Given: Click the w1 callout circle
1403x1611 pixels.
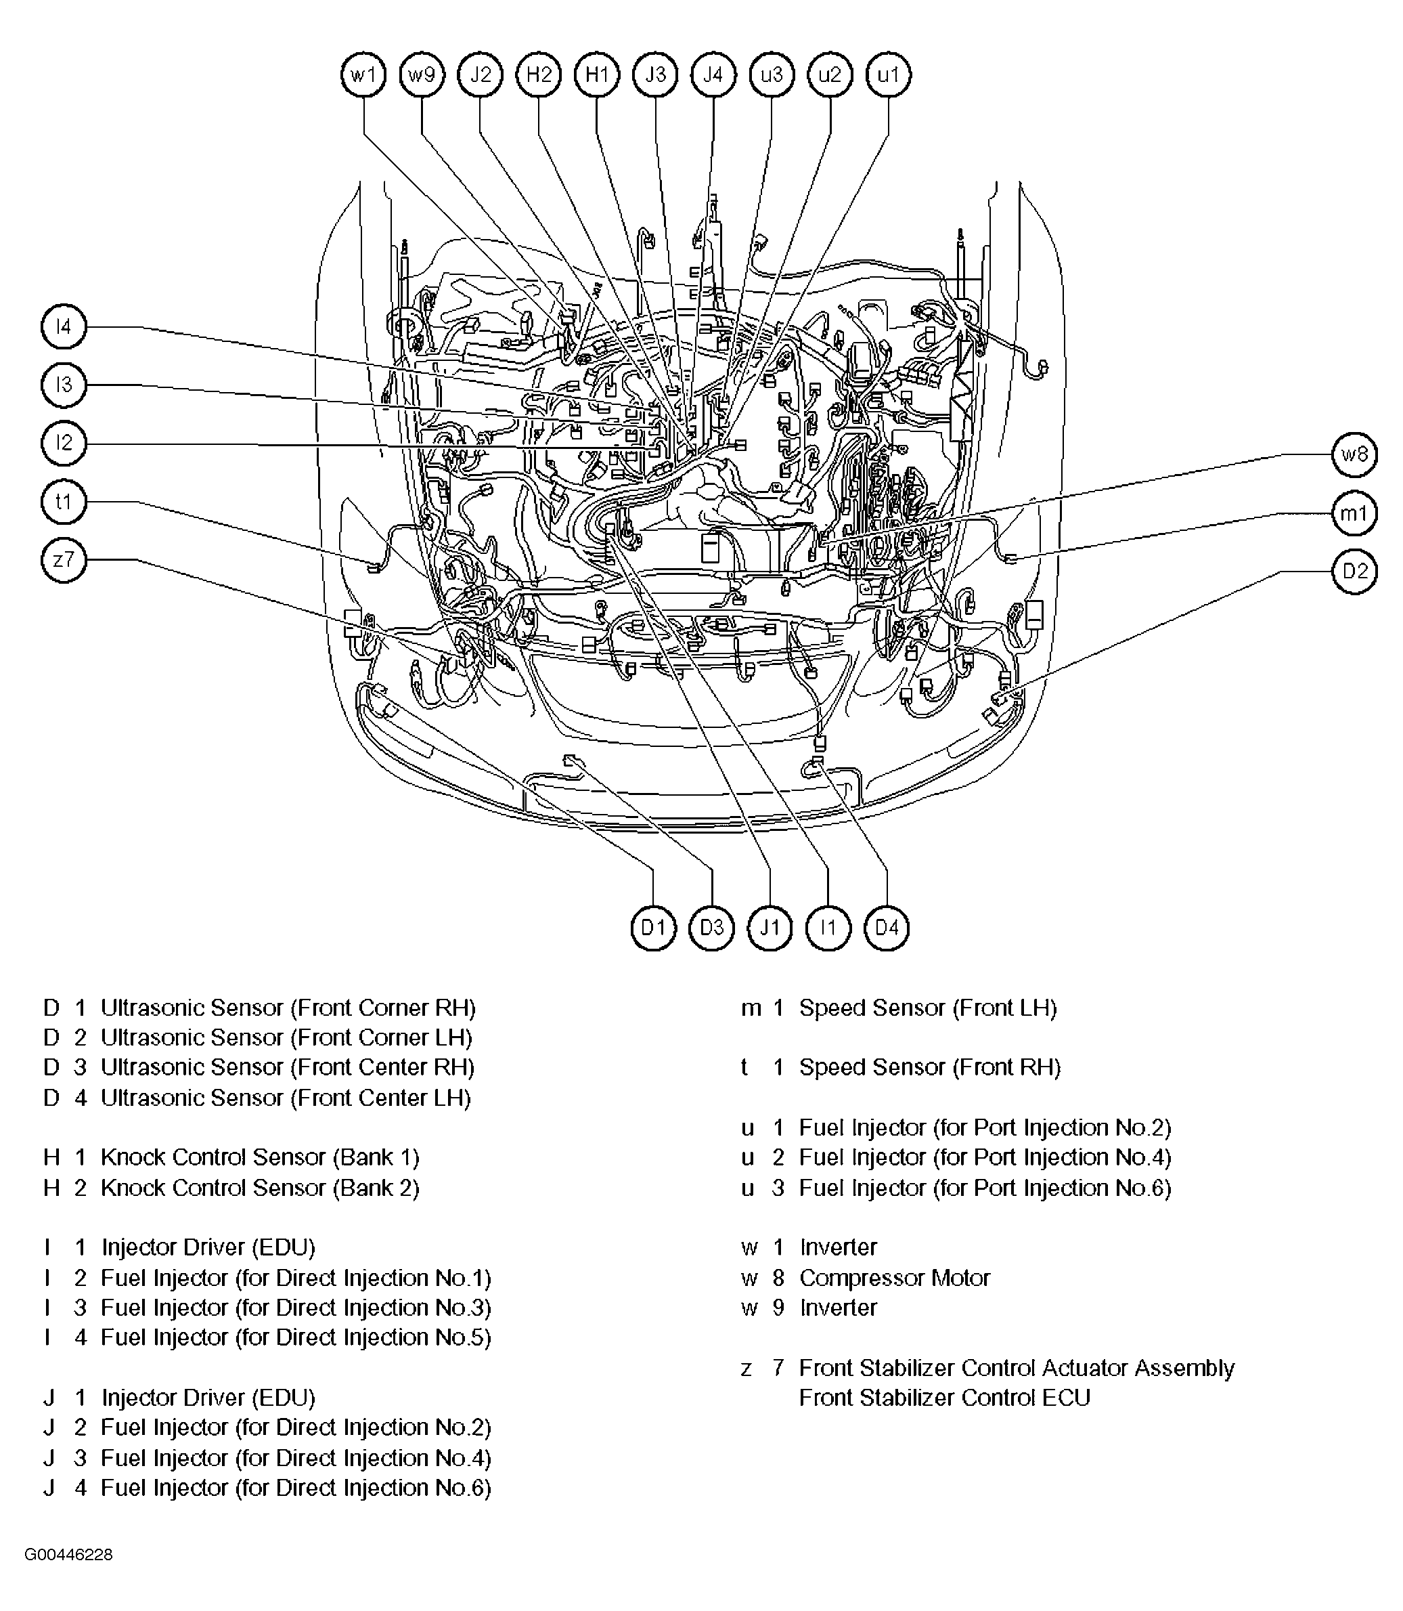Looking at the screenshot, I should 364,75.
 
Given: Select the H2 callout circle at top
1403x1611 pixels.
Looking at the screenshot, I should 539,75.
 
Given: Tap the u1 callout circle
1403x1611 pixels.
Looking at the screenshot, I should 888,75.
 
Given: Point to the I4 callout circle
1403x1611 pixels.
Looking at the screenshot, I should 64,326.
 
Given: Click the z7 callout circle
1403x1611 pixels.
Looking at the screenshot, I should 64,560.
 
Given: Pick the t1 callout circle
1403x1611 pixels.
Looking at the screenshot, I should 64,501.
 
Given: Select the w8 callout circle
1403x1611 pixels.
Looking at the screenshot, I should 1354,454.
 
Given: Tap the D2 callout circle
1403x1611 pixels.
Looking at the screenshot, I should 1354,571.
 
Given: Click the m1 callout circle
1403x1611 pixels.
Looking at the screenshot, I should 1354,513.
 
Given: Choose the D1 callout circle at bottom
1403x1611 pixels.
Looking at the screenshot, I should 653,927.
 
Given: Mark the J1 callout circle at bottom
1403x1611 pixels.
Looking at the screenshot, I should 770,927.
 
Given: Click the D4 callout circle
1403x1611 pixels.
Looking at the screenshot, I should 887,927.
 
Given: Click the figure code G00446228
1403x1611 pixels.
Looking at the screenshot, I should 68,1555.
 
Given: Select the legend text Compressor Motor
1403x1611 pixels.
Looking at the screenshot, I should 894,1278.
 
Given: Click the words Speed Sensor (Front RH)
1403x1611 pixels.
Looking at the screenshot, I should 929,1067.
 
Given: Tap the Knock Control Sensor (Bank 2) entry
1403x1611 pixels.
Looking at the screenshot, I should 260,1188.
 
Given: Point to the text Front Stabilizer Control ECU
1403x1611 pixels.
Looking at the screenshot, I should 944,1398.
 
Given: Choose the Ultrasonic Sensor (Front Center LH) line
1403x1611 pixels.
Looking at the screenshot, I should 286,1098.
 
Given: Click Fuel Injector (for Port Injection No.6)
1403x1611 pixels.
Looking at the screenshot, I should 985,1188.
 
